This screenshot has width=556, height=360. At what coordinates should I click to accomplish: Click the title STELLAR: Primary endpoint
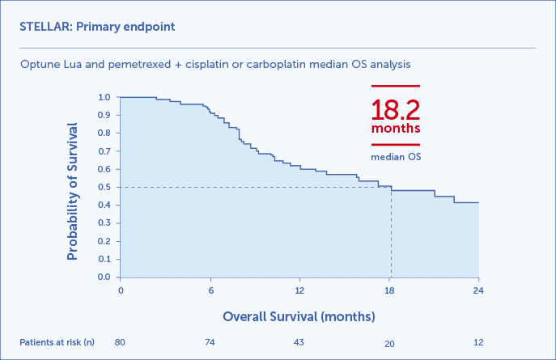[97, 27]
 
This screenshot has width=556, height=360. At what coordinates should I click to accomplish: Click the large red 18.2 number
[396, 110]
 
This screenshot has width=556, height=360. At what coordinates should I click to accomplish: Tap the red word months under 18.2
[396, 129]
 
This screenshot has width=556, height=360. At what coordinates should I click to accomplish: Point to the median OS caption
[396, 156]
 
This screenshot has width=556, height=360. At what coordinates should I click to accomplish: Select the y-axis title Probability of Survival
[72, 191]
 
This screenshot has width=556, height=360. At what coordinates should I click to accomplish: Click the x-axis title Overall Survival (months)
[299, 315]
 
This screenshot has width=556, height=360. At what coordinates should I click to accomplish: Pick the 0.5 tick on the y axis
[104, 187]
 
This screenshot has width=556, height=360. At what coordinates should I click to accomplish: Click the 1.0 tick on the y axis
[104, 97]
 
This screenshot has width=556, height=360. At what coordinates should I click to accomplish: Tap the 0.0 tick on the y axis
[104, 277]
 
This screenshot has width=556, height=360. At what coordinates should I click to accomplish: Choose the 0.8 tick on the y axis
[104, 133]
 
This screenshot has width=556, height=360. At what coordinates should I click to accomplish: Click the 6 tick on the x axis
[210, 290]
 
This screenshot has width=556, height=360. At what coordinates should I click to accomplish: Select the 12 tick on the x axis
[299, 290]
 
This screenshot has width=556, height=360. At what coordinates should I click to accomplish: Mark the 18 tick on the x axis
[389, 290]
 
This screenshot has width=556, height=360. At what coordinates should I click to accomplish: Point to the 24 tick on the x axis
[479, 290]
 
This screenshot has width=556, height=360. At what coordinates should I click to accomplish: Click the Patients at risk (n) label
[57, 342]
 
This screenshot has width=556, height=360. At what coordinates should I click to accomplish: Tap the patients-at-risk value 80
[121, 342]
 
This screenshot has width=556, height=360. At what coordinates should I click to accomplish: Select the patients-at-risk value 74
[210, 342]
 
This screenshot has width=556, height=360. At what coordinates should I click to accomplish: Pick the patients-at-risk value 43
[299, 342]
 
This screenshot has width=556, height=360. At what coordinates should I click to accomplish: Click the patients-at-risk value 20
[389, 343]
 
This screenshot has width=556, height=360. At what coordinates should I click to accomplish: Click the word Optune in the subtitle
[39, 63]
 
